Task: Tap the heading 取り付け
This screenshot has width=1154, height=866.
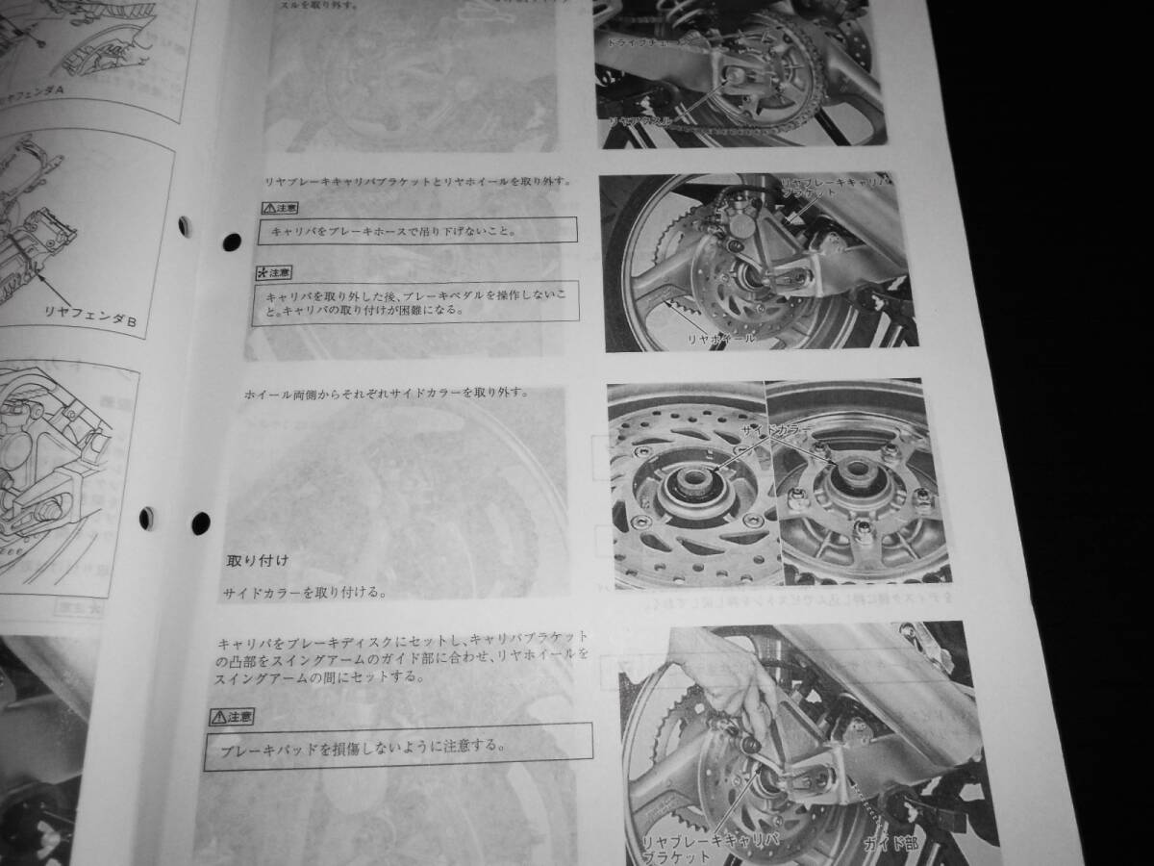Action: click(257, 559)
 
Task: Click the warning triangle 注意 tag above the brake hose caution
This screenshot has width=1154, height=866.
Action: click(279, 207)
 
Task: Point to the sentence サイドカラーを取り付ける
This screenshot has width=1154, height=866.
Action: click(303, 593)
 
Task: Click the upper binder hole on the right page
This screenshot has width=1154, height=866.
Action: click(232, 242)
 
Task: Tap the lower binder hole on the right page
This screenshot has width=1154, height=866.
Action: click(200, 522)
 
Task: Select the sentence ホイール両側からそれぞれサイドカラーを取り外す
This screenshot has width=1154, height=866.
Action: click(401, 394)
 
